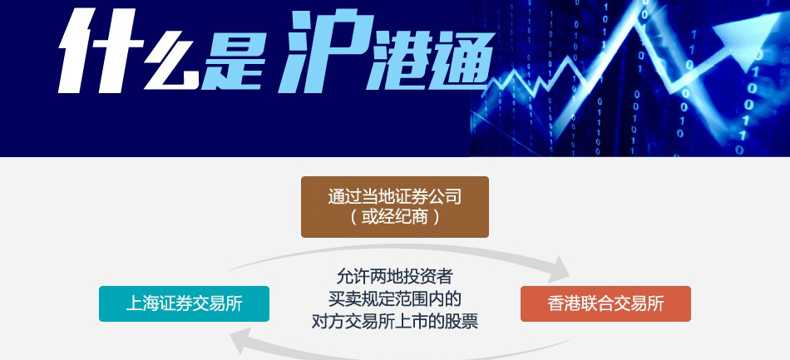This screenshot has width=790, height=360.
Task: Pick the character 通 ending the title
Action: pos(462,61)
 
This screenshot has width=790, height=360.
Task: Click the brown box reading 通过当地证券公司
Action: pos(394,206)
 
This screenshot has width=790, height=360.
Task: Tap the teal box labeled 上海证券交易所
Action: pos(184,303)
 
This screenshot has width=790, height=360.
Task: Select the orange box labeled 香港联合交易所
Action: pos(605,303)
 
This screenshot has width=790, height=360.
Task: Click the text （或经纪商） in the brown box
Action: pos(394,217)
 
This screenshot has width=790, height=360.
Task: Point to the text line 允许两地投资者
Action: pos(394,277)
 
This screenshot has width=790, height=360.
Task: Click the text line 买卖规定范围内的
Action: pos(394,299)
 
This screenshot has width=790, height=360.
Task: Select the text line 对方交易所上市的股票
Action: pos(394,321)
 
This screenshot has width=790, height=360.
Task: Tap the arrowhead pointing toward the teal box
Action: pos(242,342)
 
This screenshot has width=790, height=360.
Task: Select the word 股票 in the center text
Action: pos(462,321)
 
